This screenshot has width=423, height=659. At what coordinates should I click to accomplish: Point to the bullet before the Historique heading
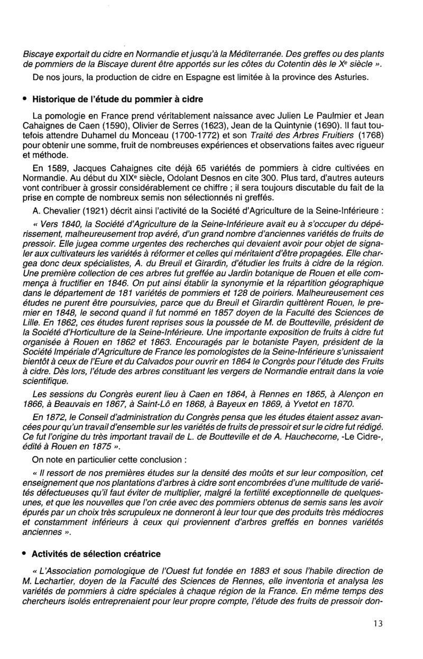[25, 99]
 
